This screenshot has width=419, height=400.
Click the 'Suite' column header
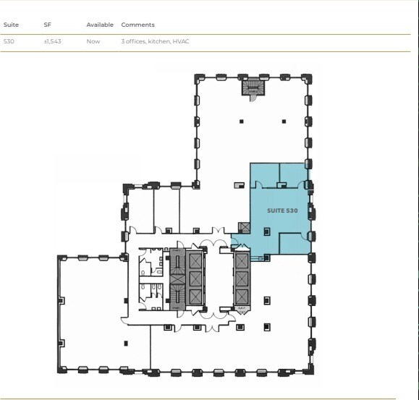10,25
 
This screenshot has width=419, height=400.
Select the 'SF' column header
47,25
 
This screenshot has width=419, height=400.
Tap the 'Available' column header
100,25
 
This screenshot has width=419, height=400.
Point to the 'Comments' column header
137,25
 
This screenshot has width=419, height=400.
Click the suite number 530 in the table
9,41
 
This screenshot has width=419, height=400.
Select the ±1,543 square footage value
52,41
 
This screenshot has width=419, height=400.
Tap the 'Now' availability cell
93,41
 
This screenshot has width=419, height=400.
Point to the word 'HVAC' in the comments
181,41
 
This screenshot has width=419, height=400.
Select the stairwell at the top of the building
252,88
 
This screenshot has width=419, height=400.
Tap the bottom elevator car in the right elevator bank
241,294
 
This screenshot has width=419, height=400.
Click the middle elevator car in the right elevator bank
241,278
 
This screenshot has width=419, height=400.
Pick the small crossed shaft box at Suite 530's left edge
244,228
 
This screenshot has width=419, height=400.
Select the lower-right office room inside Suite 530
295,243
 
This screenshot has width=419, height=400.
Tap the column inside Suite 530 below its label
266,231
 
